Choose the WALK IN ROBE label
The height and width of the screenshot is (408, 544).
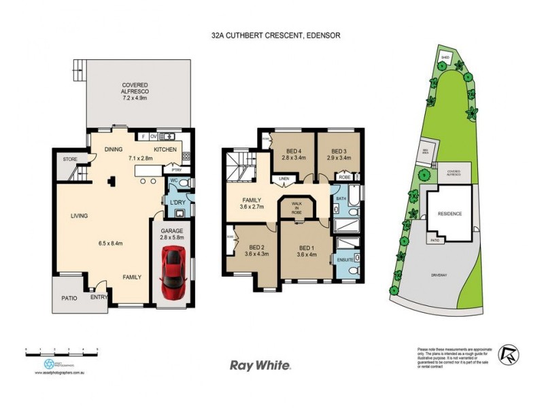click(296, 207)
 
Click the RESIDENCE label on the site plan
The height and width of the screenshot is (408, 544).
click(449, 214)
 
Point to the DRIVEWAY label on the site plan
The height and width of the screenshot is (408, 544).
click(442, 276)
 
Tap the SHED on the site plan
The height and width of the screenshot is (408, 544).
click(445, 57)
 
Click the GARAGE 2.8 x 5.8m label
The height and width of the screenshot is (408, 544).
click(172, 235)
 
